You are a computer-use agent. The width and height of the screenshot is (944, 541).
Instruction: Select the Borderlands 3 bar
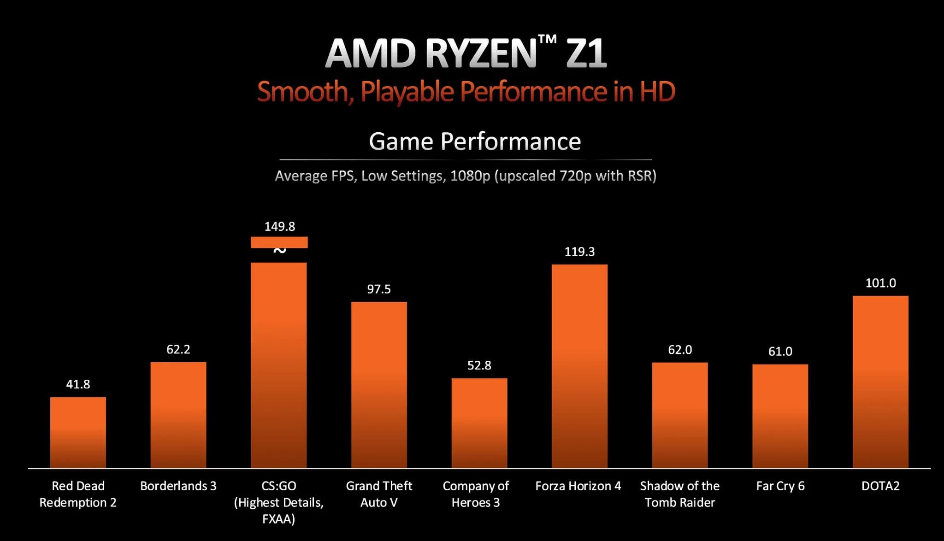pyautogui.click(x=178, y=415)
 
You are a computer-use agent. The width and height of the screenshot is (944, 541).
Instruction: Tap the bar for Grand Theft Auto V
pyautogui.click(x=379, y=385)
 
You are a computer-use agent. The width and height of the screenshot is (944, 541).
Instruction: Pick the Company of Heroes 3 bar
pyautogui.click(x=479, y=423)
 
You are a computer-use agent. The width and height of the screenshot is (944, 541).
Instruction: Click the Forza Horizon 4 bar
pyautogui.click(x=579, y=366)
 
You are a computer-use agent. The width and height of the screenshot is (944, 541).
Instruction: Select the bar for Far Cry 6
pyautogui.click(x=780, y=416)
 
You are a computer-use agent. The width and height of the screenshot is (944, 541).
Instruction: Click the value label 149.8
pyautogui.click(x=280, y=226)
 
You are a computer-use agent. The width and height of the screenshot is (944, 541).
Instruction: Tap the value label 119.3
pyautogui.click(x=579, y=252)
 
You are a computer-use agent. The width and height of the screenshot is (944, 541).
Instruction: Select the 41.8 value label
pyautogui.click(x=78, y=384)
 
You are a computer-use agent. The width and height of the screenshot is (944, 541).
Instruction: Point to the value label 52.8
pyautogui.click(x=479, y=365)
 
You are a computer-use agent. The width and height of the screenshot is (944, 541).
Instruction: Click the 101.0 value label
pyautogui.click(x=880, y=283)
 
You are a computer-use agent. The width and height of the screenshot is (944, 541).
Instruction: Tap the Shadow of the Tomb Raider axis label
pyautogui.click(x=680, y=494)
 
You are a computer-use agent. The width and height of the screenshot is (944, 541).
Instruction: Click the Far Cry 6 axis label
pyautogui.click(x=780, y=486)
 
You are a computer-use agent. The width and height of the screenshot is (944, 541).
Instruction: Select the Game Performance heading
pyautogui.click(x=475, y=141)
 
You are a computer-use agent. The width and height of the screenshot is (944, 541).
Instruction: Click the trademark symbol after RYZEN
pyautogui.click(x=547, y=41)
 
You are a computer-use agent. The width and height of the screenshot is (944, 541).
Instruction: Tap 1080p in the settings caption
pyautogui.click(x=470, y=176)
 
